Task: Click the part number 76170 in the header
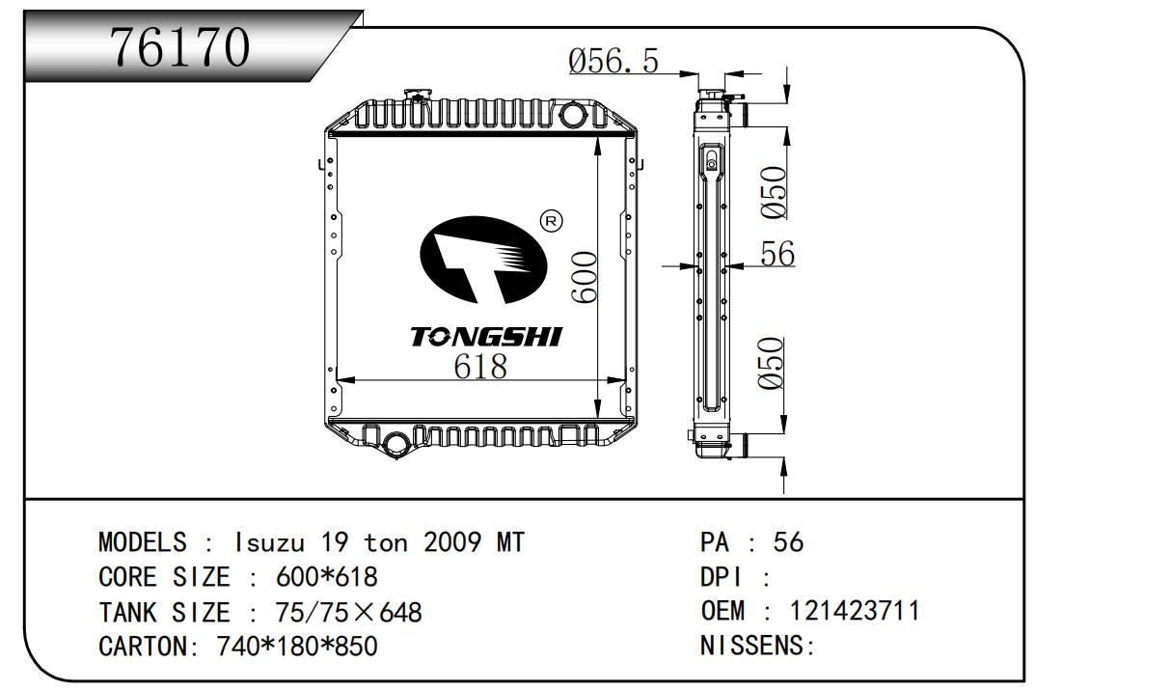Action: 180,46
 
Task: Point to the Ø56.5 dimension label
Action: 613,61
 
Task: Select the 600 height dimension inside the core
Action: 584,277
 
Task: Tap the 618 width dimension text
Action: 480,367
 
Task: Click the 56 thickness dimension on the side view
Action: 777,254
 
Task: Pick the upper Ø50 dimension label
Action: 774,192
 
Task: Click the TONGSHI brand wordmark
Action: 486,337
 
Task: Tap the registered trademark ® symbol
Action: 551,221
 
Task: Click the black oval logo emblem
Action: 483,261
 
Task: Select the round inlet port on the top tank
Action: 573,115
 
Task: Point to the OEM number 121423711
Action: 854,610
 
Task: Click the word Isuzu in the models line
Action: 269,542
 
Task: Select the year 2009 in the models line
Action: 452,541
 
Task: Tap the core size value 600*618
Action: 326,577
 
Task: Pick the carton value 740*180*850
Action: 297,646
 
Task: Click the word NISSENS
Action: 751,645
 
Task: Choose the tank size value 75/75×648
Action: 348,612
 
